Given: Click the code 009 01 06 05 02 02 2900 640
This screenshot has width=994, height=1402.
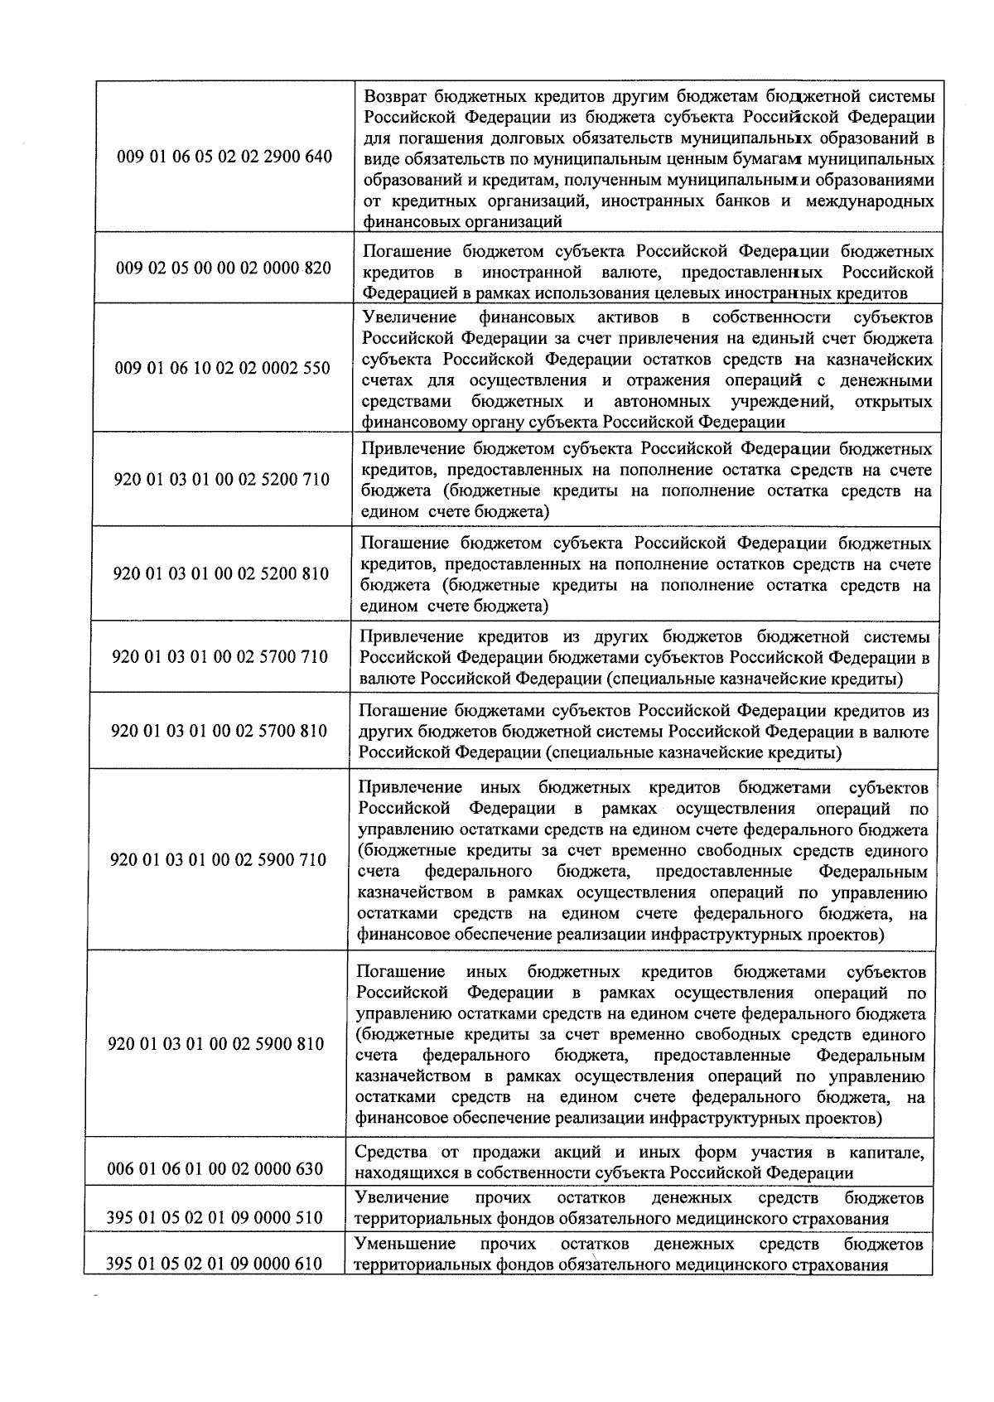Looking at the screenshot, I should [x=224, y=157].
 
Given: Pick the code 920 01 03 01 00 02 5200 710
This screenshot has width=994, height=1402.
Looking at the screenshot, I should [x=221, y=480].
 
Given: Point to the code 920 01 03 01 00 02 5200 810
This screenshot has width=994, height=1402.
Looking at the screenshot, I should [x=221, y=573].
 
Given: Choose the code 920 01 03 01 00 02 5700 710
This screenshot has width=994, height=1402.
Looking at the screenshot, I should [x=220, y=657].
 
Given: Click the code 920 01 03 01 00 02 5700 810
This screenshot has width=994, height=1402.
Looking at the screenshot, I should [x=220, y=731].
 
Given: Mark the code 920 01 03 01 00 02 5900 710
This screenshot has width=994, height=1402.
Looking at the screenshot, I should [x=219, y=860].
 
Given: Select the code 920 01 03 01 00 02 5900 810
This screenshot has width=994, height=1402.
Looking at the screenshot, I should [x=217, y=1044].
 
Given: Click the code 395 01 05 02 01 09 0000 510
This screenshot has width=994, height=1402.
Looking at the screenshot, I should [x=215, y=1218].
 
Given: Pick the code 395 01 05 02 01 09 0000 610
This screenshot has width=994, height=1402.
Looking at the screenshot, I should [x=215, y=1264].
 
